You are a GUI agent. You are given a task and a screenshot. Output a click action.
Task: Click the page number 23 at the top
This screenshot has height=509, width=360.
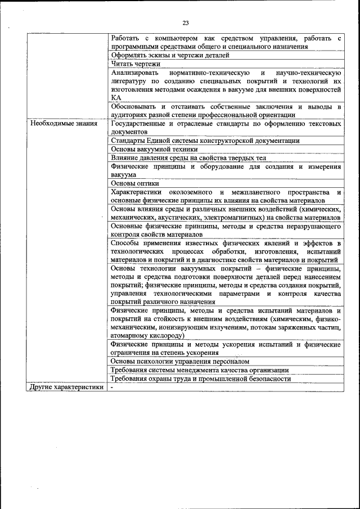click(x=185, y=22)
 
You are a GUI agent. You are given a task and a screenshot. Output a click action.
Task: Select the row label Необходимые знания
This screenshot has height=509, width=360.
click(x=64, y=123)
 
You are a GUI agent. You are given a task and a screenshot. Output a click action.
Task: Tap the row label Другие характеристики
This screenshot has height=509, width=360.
click(x=66, y=388)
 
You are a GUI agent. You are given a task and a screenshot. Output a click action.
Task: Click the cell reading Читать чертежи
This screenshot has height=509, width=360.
click(x=136, y=64)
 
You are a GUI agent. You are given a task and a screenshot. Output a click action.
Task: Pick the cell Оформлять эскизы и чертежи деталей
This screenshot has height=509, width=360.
click(x=170, y=55)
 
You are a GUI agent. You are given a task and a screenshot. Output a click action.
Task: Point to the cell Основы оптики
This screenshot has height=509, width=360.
click(x=135, y=183)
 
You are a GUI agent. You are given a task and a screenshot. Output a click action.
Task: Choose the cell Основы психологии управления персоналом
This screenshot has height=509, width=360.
click(x=180, y=361)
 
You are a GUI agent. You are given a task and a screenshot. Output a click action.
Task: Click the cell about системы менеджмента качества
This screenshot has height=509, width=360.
click(x=200, y=370)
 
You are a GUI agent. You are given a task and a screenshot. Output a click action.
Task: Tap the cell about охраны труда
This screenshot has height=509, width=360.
click(x=201, y=379)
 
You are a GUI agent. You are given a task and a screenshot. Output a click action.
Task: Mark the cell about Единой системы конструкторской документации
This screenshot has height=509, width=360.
click(x=205, y=141)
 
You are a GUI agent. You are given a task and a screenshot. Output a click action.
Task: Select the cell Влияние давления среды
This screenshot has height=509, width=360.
click(x=188, y=159)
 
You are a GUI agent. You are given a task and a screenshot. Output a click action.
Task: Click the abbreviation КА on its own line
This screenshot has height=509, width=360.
click(x=116, y=97)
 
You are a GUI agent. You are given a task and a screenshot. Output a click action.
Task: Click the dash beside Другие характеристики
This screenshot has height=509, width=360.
click(x=112, y=388)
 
